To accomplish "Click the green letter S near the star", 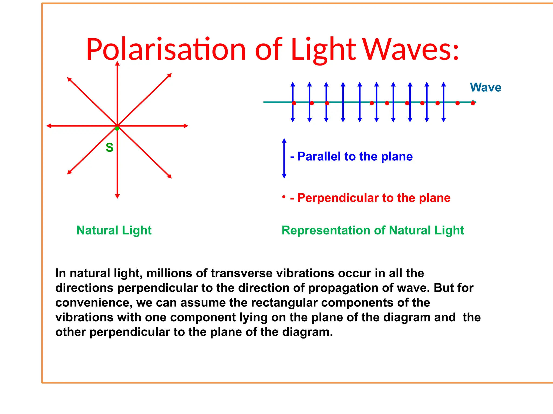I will [109, 148].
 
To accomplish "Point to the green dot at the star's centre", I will [117, 129].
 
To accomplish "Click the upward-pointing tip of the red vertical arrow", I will [117, 63].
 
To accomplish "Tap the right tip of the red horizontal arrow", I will [187, 126].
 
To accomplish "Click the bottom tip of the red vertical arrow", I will [117, 197].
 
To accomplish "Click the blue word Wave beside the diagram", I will [485, 88].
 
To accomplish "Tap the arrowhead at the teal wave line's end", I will [475, 102].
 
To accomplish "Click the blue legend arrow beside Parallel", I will [284, 158].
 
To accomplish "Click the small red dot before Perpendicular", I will [284, 197].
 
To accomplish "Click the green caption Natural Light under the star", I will [114, 230].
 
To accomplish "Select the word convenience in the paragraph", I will [93, 303].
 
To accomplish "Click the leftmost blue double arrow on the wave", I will [293, 102].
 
